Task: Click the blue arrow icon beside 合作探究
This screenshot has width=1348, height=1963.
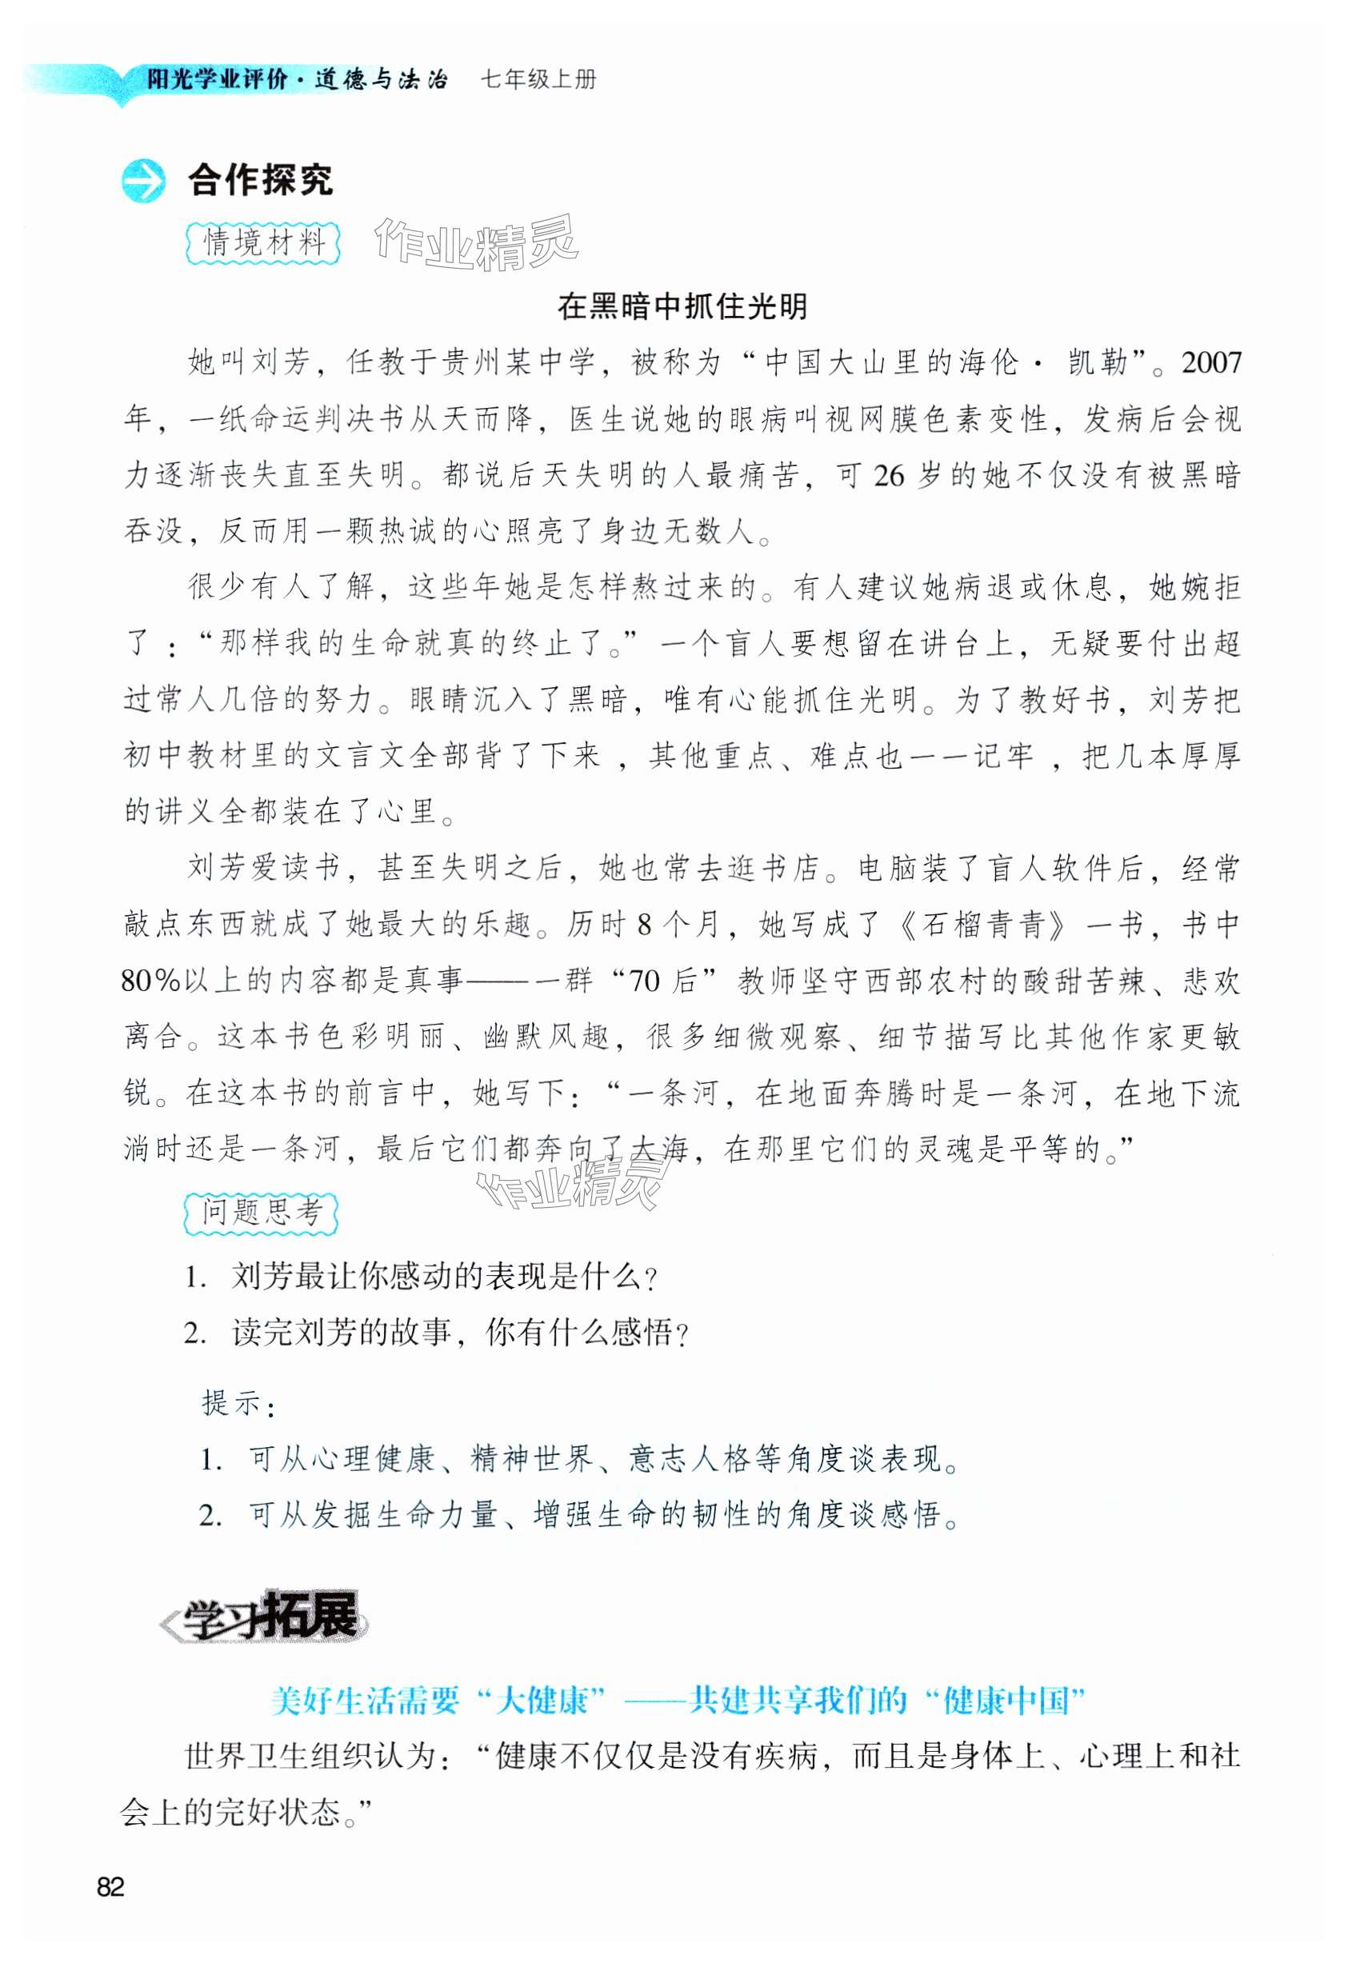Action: click(x=142, y=181)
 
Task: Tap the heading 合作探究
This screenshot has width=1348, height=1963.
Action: click(x=260, y=180)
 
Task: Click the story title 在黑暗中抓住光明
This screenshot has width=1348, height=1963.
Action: click(x=682, y=306)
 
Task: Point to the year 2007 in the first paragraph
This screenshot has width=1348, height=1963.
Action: click(x=1211, y=363)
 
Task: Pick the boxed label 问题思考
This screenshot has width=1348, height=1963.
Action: click(x=261, y=1213)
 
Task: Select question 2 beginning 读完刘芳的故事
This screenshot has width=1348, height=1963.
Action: click(x=438, y=1333)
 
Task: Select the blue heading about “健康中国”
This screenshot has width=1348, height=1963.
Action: click(x=678, y=1700)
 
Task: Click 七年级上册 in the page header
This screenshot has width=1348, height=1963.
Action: click(x=539, y=80)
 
